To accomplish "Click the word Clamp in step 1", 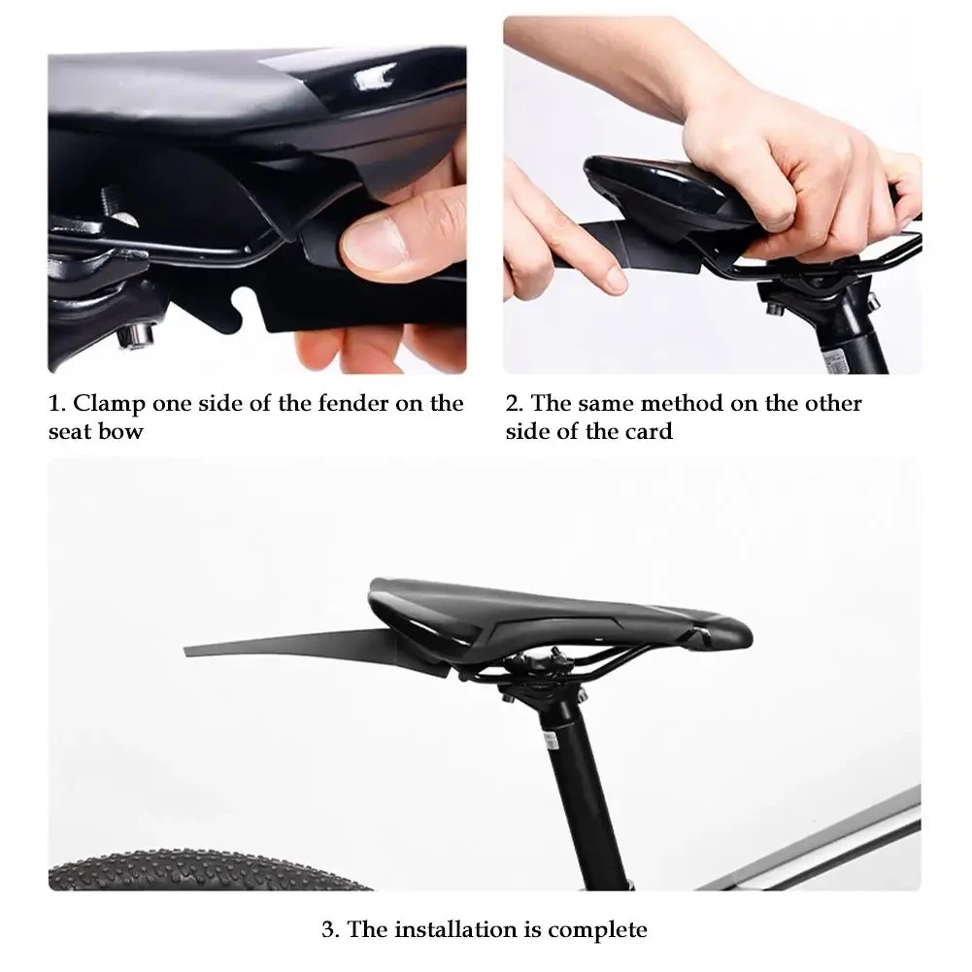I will (x=112, y=404).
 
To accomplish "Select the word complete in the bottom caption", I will (x=597, y=929).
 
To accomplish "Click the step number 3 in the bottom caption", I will (x=329, y=929).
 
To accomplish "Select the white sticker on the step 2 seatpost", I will (x=833, y=358).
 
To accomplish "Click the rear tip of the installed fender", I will (x=190, y=645).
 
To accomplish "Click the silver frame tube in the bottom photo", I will (x=825, y=845).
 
